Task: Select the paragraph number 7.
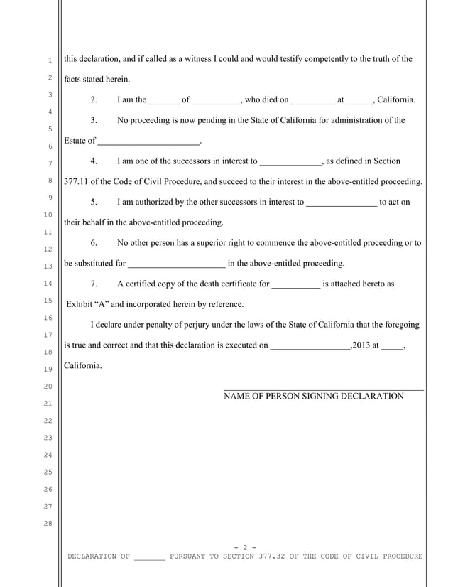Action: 94,284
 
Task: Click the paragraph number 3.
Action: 94,120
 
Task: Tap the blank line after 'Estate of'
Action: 148,141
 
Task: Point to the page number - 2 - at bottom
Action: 244,546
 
